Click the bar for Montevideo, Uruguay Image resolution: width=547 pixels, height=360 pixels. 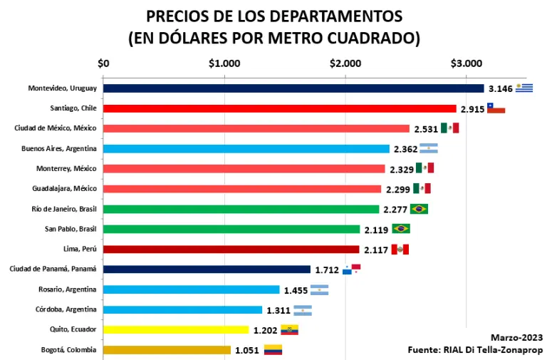click(x=293, y=88)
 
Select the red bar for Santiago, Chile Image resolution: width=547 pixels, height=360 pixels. click(x=279, y=108)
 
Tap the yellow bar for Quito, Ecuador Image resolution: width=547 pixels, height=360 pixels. click(x=175, y=329)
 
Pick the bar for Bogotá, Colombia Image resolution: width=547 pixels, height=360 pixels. click(x=167, y=350)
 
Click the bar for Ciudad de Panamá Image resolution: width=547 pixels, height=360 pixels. click(x=207, y=269)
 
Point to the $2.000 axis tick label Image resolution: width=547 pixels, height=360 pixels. click(x=345, y=63)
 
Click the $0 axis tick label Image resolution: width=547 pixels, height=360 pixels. click(x=103, y=63)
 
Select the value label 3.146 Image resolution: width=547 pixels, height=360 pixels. click(x=501, y=89)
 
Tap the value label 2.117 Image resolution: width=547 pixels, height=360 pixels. click(x=375, y=250)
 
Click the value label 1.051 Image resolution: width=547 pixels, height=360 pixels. click(x=246, y=350)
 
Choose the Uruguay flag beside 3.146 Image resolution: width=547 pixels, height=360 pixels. click(x=525, y=88)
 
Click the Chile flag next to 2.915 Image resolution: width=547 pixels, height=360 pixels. click(x=496, y=108)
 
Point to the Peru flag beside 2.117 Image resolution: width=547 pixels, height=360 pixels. click(x=400, y=249)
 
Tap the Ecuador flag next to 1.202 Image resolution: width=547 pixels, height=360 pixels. click(x=289, y=329)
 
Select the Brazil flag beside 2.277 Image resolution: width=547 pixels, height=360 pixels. click(x=419, y=209)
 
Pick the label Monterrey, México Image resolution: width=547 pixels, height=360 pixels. click(x=66, y=169)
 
